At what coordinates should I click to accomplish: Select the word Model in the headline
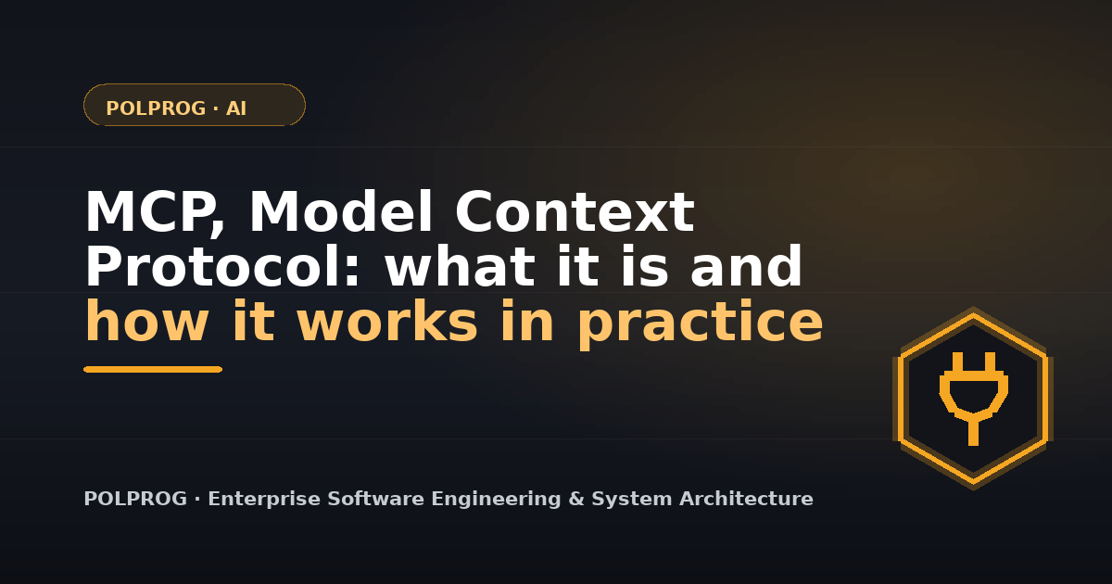341,210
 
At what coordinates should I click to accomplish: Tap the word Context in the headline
575,211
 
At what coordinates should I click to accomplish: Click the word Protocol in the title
221,266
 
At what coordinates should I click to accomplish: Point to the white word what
460,266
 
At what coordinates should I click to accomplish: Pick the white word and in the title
746,266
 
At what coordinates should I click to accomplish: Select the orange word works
387,321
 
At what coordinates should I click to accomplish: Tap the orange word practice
701,324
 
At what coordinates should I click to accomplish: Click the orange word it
253,321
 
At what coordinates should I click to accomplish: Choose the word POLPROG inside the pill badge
156,108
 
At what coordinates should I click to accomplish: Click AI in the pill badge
236,108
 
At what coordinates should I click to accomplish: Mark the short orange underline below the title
153,370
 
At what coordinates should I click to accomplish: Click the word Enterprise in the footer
264,499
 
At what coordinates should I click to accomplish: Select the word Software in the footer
376,498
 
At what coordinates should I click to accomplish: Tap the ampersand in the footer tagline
575,499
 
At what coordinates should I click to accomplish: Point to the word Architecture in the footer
746,498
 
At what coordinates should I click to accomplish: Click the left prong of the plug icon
957,363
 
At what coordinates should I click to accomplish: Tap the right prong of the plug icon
990,363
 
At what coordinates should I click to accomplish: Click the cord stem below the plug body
974,433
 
